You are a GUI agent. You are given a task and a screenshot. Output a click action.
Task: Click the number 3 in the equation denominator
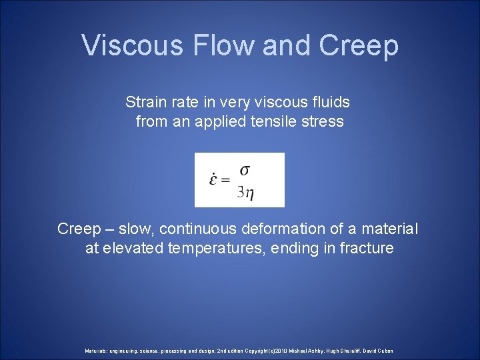point(241,193)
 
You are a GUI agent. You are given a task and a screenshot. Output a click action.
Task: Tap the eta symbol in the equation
point(249,194)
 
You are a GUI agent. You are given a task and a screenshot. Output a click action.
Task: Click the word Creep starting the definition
point(77,229)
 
